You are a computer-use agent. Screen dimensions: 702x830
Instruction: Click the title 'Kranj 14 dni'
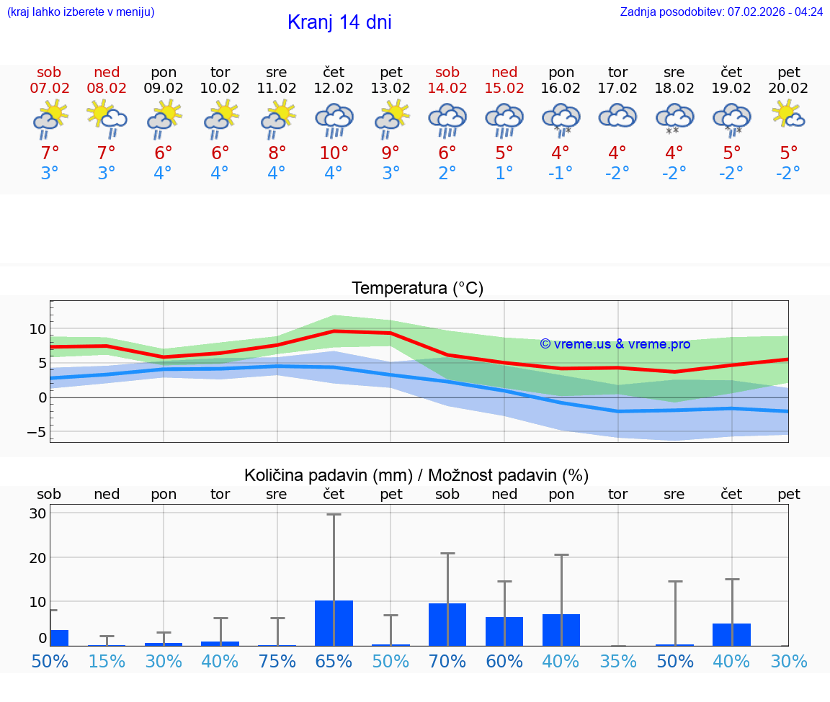click(339, 22)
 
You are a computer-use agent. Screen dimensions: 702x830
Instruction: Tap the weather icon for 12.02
click(334, 120)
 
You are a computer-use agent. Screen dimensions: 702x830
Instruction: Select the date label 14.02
click(447, 89)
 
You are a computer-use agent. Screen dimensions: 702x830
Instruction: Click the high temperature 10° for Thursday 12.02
click(334, 153)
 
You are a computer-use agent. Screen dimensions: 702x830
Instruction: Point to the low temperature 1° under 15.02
click(504, 174)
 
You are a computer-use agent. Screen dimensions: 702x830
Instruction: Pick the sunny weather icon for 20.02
click(788, 115)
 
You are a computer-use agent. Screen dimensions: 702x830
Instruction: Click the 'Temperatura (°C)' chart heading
click(417, 289)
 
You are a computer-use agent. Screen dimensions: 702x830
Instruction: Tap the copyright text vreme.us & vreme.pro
click(615, 344)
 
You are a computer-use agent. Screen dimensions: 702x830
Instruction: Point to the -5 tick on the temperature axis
click(36, 432)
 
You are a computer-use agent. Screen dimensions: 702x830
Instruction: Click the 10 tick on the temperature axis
click(37, 329)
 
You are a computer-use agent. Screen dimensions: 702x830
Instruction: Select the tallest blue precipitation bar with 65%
click(334, 623)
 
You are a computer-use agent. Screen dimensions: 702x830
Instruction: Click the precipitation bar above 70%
click(447, 624)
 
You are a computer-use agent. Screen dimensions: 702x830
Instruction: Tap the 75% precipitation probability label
click(277, 661)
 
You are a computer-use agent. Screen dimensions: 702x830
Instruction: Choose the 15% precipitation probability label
click(107, 661)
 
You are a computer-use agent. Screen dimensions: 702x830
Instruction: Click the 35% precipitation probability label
click(618, 661)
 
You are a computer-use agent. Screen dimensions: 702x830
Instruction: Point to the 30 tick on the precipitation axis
click(37, 513)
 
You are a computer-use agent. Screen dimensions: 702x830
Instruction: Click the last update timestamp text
click(721, 12)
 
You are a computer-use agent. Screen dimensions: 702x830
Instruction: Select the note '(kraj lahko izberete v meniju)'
click(81, 12)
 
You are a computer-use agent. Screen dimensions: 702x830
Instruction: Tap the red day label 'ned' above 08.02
click(107, 73)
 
